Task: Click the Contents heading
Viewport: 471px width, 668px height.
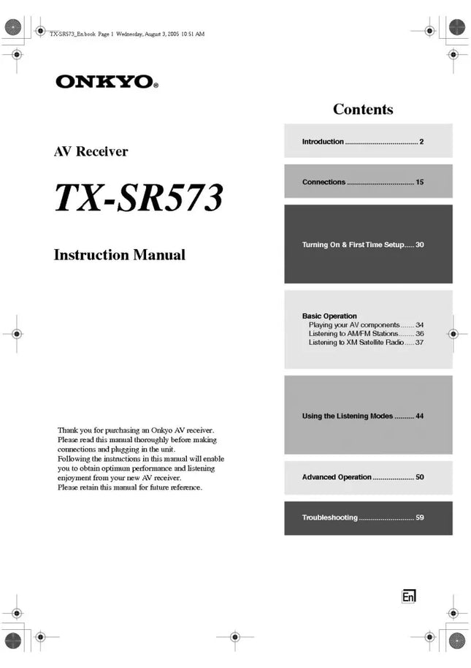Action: (363, 110)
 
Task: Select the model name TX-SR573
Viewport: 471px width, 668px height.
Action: (139, 198)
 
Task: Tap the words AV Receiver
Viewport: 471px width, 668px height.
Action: (91, 152)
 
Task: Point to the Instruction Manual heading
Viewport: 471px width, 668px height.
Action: (120, 255)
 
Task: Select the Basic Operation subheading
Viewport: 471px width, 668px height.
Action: (329, 316)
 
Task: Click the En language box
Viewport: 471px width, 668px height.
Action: (409, 596)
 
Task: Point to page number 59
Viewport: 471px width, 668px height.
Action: (420, 518)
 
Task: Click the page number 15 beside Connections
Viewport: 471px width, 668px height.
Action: (420, 182)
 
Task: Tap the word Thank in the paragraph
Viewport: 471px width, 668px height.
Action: (68, 430)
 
